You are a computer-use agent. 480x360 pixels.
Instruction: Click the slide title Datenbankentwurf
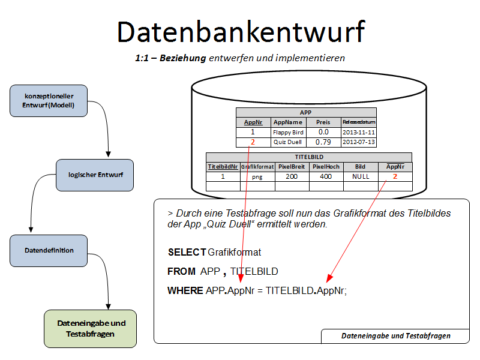click(x=240, y=31)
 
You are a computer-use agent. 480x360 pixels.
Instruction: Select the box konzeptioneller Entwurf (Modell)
click(x=49, y=101)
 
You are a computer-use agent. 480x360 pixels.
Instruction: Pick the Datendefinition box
click(x=49, y=251)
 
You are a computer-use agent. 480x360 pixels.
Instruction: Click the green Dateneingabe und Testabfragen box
click(x=91, y=329)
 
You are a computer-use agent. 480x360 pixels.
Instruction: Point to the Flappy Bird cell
click(x=288, y=132)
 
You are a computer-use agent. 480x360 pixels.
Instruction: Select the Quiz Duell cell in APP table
click(x=288, y=142)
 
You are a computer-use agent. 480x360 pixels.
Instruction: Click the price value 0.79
click(x=323, y=142)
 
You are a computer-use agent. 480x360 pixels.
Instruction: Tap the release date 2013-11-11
click(x=359, y=132)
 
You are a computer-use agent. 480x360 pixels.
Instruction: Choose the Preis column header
click(x=323, y=122)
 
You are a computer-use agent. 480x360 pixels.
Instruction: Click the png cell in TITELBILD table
click(x=257, y=176)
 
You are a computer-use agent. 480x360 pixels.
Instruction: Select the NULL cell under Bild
click(x=360, y=176)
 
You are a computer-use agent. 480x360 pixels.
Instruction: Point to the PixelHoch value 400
click(x=326, y=176)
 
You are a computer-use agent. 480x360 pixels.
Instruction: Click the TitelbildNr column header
click(x=223, y=167)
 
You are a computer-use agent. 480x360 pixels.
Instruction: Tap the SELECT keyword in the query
click(x=187, y=252)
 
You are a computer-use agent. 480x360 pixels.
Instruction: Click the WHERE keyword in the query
click(x=185, y=291)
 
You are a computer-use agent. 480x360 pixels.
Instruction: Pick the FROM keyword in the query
click(x=182, y=272)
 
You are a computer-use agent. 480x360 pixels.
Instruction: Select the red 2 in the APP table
click(x=253, y=142)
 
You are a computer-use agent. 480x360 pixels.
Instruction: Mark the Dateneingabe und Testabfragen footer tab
click(x=395, y=336)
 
